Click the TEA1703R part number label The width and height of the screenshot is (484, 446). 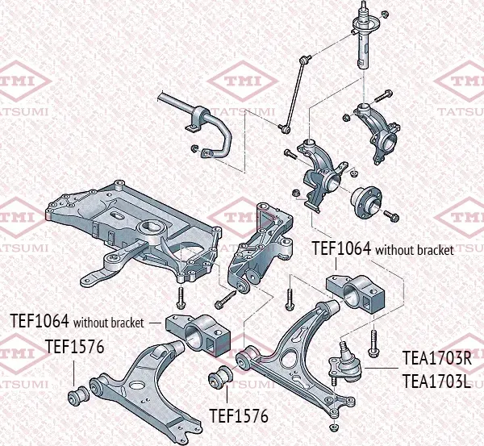click(x=436, y=358)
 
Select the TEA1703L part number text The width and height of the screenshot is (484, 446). click(x=436, y=380)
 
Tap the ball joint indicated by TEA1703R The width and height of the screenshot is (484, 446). click(x=345, y=361)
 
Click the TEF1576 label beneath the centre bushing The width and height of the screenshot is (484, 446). click(x=238, y=416)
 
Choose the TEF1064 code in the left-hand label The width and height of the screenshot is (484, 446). click(x=39, y=321)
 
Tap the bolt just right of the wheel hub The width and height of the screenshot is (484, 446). click(x=391, y=215)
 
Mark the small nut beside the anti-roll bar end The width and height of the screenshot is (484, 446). click(x=194, y=148)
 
